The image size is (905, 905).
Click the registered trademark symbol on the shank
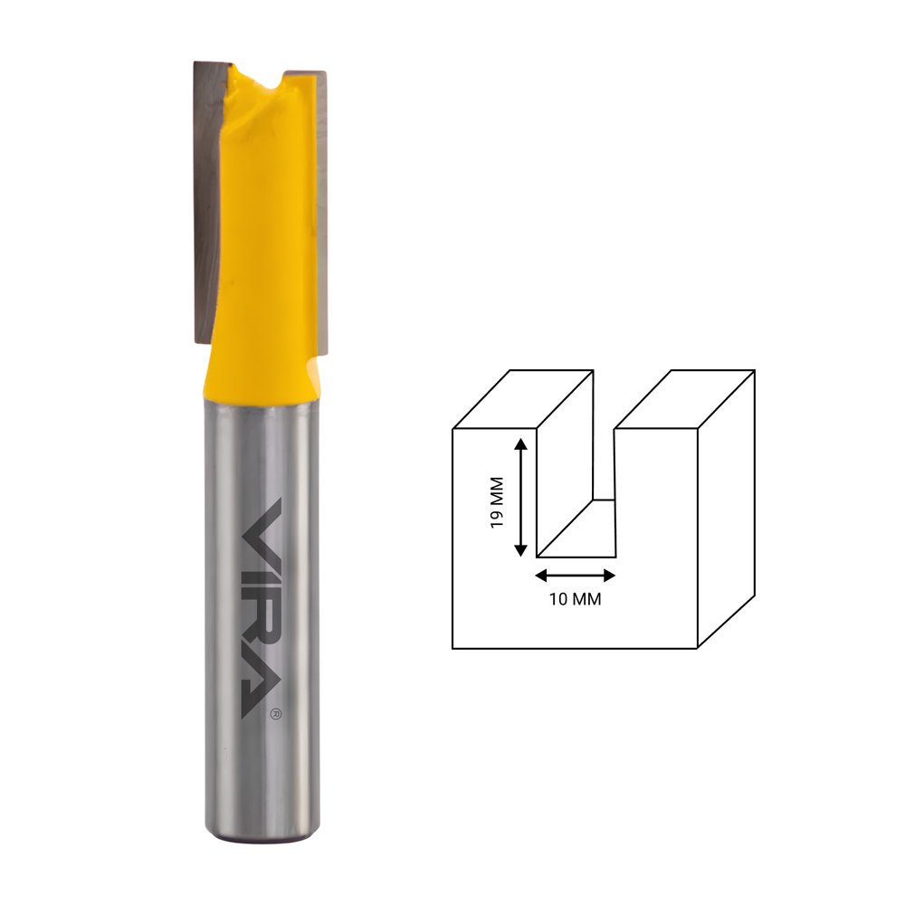[276, 714]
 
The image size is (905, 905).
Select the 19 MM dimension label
[496, 501]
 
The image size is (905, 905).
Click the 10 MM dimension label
[575, 599]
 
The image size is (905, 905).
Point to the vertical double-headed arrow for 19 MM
[520, 497]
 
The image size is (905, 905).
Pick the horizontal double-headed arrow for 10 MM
[576, 576]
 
